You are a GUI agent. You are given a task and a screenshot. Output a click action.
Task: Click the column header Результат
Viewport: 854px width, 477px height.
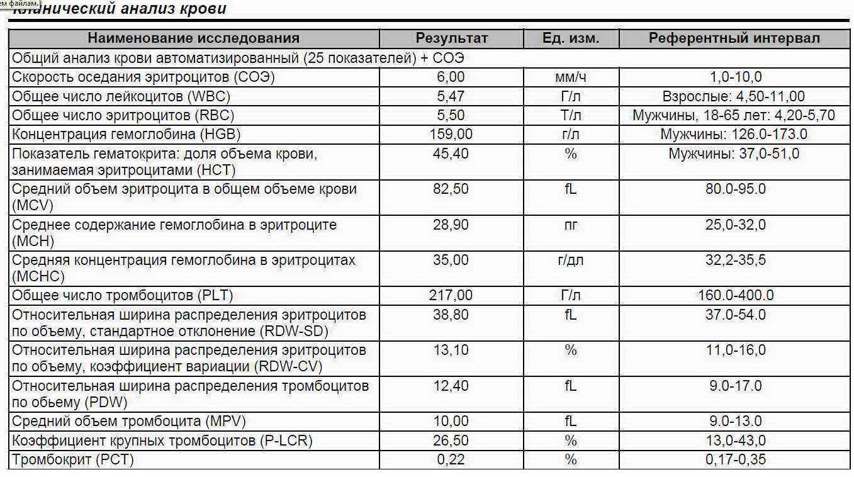click(x=451, y=38)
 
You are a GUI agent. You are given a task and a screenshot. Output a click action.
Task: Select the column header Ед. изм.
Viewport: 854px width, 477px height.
click(x=570, y=38)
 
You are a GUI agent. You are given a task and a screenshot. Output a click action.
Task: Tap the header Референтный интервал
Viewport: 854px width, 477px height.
click(x=734, y=38)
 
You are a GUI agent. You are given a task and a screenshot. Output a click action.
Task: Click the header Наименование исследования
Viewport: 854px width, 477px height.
click(x=193, y=38)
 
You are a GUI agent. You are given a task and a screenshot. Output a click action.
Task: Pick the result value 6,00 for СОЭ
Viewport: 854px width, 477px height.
click(x=451, y=77)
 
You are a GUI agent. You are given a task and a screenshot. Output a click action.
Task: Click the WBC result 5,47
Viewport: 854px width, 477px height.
click(x=451, y=97)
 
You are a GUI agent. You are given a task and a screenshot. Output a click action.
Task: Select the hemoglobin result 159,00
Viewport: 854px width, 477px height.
click(x=451, y=134)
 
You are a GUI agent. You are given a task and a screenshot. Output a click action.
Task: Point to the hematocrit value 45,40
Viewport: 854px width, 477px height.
click(x=451, y=154)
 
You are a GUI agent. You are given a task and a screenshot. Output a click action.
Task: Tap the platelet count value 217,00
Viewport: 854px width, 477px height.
click(x=451, y=295)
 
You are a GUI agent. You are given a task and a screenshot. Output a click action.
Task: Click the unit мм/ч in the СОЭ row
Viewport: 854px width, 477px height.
click(x=570, y=77)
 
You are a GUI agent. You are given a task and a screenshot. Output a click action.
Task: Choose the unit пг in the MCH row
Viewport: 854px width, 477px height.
click(x=570, y=225)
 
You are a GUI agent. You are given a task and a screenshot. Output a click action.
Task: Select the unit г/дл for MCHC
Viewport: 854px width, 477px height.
click(x=570, y=260)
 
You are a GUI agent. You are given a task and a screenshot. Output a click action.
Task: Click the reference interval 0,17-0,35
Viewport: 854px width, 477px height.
click(x=735, y=459)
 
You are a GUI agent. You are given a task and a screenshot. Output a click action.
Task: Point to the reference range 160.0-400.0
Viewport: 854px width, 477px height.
click(x=735, y=295)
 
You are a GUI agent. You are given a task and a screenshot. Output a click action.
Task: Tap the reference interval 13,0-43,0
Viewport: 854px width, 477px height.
click(x=735, y=441)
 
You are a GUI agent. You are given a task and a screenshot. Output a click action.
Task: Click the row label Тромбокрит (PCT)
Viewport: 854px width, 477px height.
click(x=72, y=459)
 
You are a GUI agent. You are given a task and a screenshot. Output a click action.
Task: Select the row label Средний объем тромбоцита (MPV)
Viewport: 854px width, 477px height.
click(x=128, y=421)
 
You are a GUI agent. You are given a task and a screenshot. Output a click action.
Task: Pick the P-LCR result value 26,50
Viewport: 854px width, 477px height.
click(x=451, y=441)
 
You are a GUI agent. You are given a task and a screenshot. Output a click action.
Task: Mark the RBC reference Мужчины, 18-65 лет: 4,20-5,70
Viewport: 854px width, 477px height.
click(x=734, y=116)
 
